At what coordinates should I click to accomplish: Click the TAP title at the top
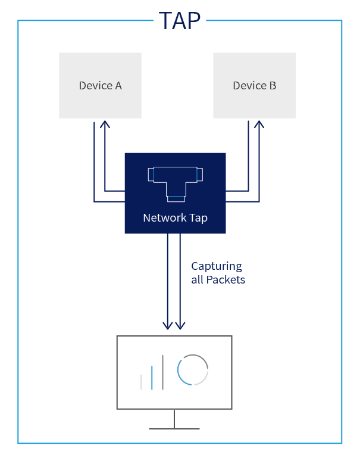click(x=180, y=21)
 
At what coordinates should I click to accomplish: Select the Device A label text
click(x=100, y=85)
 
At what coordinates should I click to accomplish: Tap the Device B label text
click(x=254, y=85)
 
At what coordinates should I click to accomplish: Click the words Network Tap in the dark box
click(x=175, y=218)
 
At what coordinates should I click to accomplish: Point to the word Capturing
click(x=217, y=266)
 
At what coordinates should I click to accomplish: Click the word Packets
click(x=226, y=279)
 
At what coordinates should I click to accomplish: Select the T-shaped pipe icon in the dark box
click(x=175, y=181)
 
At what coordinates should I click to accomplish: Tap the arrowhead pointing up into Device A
click(x=105, y=124)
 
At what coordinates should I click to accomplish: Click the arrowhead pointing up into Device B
click(x=258, y=124)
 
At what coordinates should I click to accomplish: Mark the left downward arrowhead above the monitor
click(x=168, y=325)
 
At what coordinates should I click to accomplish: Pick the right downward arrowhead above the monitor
click(x=180, y=325)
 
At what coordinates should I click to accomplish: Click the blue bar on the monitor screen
click(x=152, y=377)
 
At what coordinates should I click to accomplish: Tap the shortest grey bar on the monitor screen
click(x=141, y=382)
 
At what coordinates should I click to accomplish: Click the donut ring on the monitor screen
click(x=193, y=370)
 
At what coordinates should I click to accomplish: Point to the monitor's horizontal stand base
click(x=174, y=428)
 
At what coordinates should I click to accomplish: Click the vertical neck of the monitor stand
click(x=174, y=418)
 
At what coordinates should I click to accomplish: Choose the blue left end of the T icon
click(x=151, y=175)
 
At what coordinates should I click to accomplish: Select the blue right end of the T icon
click(x=199, y=175)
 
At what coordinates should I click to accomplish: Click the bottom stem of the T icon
click(x=175, y=196)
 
